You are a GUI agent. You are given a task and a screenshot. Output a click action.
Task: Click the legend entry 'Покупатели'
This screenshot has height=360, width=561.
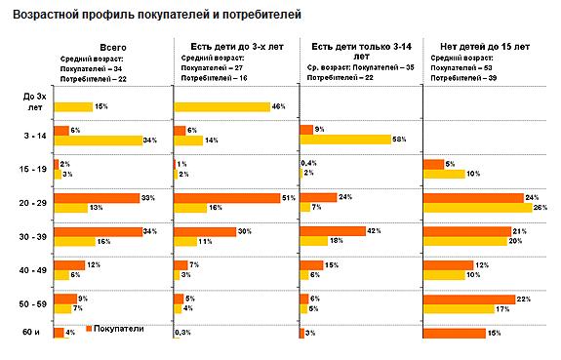pyautogui.click(x=119, y=329)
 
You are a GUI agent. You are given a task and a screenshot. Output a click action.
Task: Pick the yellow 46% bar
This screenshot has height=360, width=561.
pyautogui.click(x=221, y=106)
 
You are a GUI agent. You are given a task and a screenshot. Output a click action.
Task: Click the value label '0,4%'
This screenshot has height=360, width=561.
pyautogui.click(x=309, y=163)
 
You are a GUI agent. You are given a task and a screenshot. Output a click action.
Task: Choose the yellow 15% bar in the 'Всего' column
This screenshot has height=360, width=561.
pyautogui.click(x=73, y=106)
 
